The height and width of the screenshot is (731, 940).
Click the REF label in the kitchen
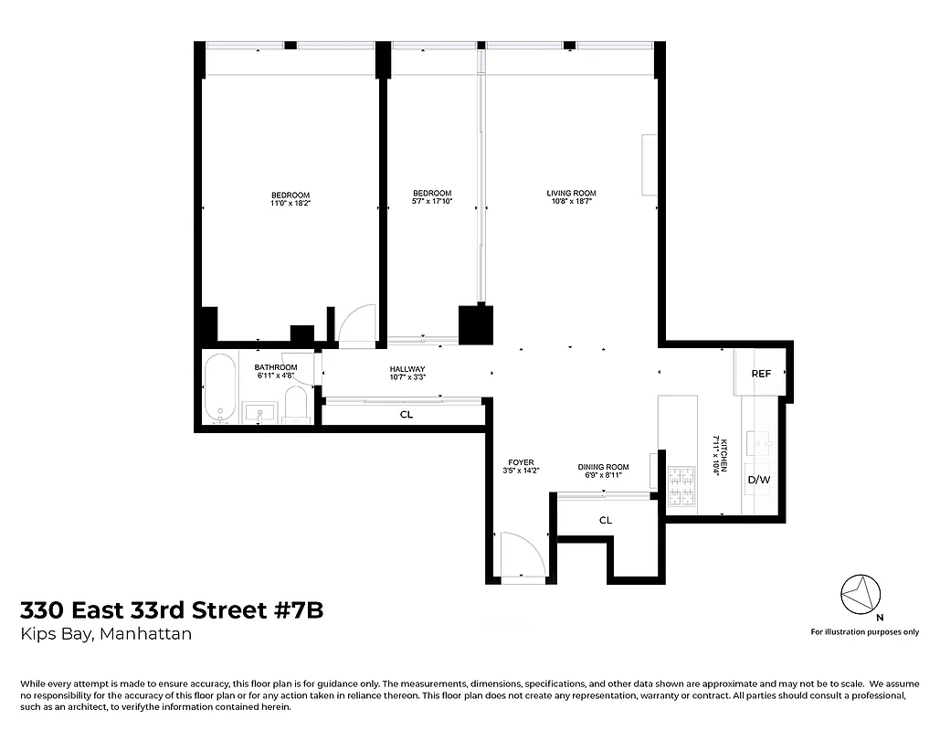pyautogui.click(x=761, y=374)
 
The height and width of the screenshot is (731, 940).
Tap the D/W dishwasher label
pyautogui.click(x=759, y=480)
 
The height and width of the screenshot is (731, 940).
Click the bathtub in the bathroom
pyautogui.click(x=218, y=387)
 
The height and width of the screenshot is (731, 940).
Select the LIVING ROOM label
pyautogui.click(x=571, y=193)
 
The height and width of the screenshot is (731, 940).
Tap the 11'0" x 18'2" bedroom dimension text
pyautogui.click(x=290, y=204)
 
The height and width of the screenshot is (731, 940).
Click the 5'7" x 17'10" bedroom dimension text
pyautogui.click(x=432, y=202)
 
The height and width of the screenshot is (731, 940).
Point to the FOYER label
pyautogui.click(x=520, y=462)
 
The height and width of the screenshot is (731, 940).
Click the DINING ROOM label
pyautogui.click(x=604, y=467)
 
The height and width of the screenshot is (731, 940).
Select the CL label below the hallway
pyautogui.click(x=407, y=414)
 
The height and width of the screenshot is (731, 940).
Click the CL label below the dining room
pyautogui.click(x=605, y=520)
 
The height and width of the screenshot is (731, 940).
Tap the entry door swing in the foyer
pyautogui.click(x=515, y=553)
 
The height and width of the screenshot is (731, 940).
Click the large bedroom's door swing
pyautogui.click(x=355, y=323)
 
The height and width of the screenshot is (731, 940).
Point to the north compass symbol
pyautogui.click(x=859, y=595)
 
